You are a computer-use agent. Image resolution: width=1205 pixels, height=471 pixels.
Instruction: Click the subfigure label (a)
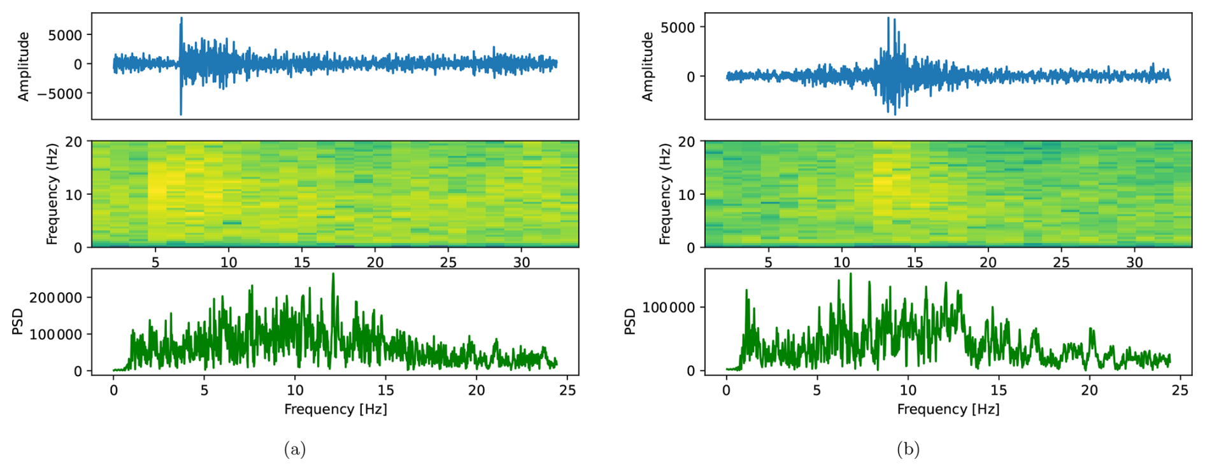pos(294,450)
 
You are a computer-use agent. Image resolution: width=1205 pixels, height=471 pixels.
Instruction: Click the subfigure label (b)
pos(908,450)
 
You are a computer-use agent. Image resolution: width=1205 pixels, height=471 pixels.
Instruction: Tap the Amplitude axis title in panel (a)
pos(24,67)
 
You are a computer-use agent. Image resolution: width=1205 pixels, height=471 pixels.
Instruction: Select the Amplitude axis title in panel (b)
pos(648,67)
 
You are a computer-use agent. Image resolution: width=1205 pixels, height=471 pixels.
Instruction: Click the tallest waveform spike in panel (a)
pos(181,19)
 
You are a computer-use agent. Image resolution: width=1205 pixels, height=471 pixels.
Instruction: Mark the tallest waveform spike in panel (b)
pos(888,19)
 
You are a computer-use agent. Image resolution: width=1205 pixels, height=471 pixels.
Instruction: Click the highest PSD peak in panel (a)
pos(333,274)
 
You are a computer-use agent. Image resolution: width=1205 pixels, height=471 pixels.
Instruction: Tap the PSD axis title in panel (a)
pos(17,321)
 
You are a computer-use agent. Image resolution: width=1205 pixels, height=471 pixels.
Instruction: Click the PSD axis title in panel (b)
pos(630,321)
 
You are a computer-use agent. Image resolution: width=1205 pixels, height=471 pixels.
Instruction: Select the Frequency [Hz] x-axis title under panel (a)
pos(335,409)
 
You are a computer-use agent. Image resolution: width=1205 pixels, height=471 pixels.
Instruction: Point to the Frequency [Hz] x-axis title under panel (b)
pos(948,409)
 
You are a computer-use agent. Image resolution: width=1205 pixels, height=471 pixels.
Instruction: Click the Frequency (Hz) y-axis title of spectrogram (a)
pos(52,194)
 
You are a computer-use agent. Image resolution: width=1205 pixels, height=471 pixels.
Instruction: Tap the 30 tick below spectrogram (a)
pos(521,262)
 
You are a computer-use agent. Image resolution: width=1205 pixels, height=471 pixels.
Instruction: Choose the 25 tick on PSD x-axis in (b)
pos(1180,390)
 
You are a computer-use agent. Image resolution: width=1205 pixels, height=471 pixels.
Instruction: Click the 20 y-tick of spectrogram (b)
pos(687,142)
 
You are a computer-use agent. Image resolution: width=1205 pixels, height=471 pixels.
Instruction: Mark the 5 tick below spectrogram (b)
pos(768,262)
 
